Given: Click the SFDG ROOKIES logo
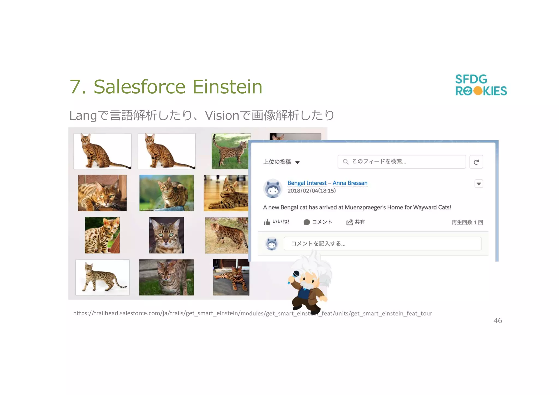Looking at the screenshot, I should pos(481,85).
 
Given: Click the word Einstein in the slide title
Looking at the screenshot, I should pos(227,87).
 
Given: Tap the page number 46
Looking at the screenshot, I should pos(497,321).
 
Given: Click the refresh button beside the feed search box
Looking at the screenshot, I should pos(476,162).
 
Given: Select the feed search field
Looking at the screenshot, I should pos(401,162).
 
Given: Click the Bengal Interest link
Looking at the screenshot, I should pos(307,183).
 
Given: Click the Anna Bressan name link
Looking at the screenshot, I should pos(350,183).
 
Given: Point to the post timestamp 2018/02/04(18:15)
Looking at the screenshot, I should pos(311,191).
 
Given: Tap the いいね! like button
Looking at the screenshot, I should pos(276,222).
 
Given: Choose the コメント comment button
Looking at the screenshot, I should pos(318,222).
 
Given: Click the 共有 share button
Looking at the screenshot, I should pos(355,222).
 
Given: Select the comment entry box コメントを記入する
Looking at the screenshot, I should pos(382,244).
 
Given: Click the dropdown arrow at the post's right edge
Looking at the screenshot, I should pos(478,184).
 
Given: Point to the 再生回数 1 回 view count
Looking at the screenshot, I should pos(467,222).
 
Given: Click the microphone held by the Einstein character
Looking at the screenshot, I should pos(296,274).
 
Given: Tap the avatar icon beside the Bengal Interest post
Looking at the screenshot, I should pos(273,188).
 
